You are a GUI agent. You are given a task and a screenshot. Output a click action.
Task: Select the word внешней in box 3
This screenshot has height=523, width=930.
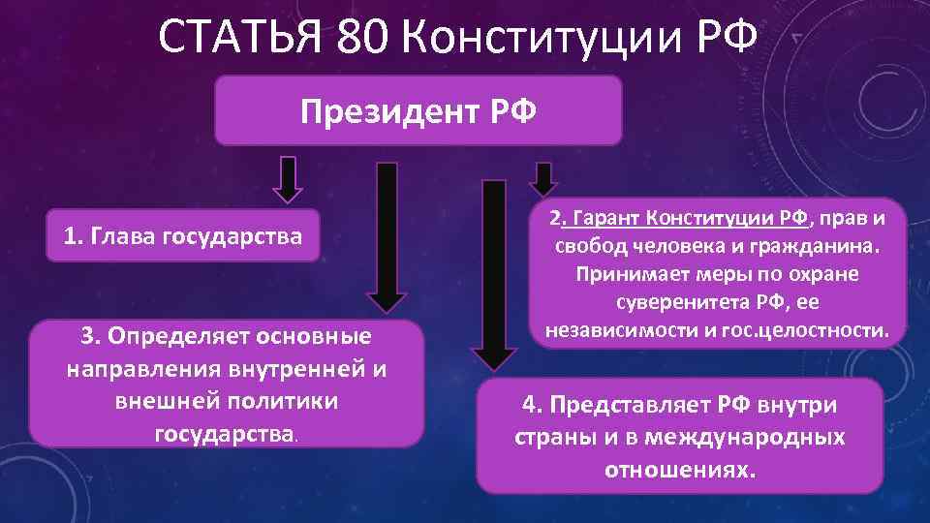[162, 400]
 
